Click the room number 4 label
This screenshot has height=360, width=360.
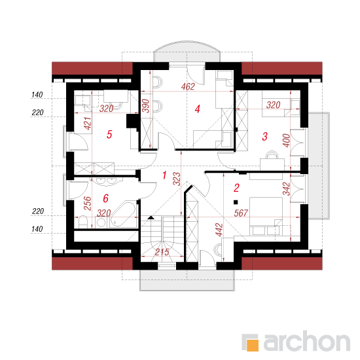pos(198,109)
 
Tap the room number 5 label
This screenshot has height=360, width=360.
pos(109,134)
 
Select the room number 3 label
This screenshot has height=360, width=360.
pos(264,136)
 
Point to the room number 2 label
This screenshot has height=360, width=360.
pos(236,188)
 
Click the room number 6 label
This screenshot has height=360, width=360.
pos(105,198)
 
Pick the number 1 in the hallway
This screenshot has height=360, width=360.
pos(164,175)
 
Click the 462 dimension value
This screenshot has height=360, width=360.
pos(188,86)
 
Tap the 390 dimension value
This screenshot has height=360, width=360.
pos(146,105)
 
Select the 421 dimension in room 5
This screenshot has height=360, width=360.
pos(88,123)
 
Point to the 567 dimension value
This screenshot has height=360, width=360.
pos(241,213)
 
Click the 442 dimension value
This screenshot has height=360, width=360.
pos(219,230)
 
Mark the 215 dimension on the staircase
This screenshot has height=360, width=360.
pos(162,252)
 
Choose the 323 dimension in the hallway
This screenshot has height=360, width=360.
pos(177,179)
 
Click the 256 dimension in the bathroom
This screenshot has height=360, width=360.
pos(88,204)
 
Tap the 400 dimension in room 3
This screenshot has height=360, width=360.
pos(287,141)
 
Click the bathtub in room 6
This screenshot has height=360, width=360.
pos(123,214)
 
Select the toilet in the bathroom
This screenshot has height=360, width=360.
pos(83,221)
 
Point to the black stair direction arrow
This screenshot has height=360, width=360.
pos(151,217)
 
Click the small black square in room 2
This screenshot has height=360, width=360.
pos(236,202)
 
